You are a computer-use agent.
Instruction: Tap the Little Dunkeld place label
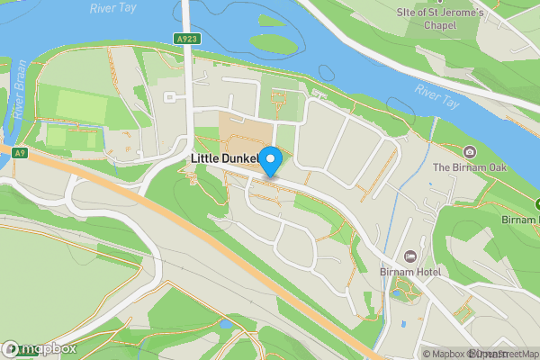(x=225, y=159)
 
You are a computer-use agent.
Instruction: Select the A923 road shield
(x=186, y=39)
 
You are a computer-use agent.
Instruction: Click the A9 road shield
(x=21, y=154)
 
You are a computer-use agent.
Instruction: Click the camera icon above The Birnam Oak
(x=469, y=151)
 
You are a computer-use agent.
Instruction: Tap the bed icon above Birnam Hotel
(x=411, y=234)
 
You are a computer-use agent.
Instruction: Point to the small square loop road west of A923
(x=168, y=97)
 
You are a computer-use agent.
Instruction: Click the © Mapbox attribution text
(x=444, y=354)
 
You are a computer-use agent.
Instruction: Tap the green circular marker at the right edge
(x=536, y=204)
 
